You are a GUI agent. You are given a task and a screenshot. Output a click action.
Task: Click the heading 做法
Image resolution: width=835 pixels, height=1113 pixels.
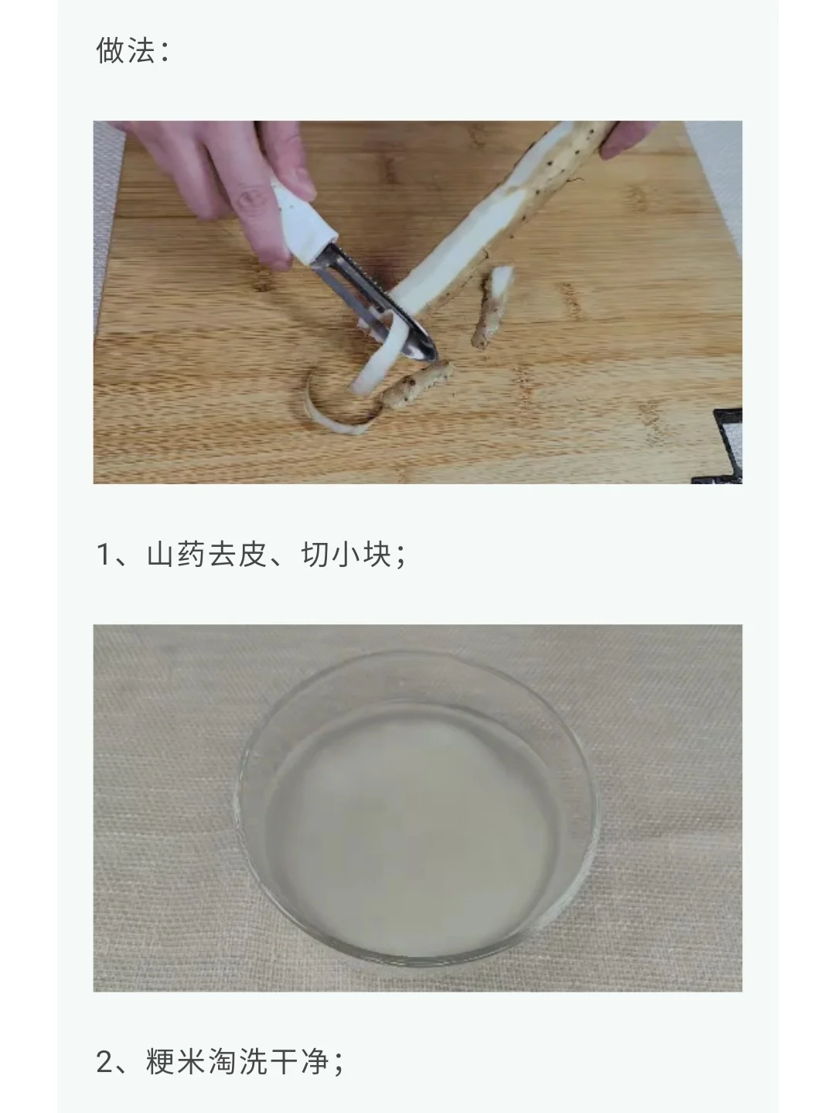pos(125,51)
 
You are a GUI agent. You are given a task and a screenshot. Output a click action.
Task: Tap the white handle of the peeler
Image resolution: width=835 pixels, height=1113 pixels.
pos(304,222)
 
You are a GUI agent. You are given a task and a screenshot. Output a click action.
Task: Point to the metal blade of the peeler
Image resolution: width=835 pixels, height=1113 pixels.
pos(376,304)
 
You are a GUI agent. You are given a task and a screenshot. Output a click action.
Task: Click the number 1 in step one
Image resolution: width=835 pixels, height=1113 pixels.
pos(104,555)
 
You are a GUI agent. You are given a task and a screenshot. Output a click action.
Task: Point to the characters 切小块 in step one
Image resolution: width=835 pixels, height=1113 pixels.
pos(346,555)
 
